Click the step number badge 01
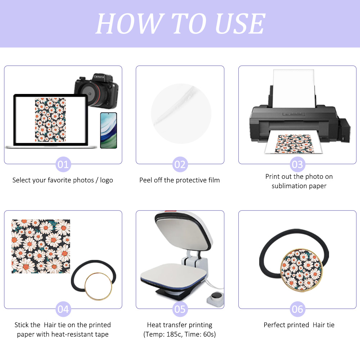pos(63,165)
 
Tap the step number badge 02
pos(180,165)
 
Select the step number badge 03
pos(297,165)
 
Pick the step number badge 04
pos(63,309)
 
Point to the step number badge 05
pos(180,309)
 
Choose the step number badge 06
pos(297,309)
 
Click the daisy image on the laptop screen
pos(50,120)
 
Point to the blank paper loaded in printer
pos(294,88)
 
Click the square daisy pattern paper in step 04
pos(41,246)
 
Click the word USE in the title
pos(240,24)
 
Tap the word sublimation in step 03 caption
pos(287,186)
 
